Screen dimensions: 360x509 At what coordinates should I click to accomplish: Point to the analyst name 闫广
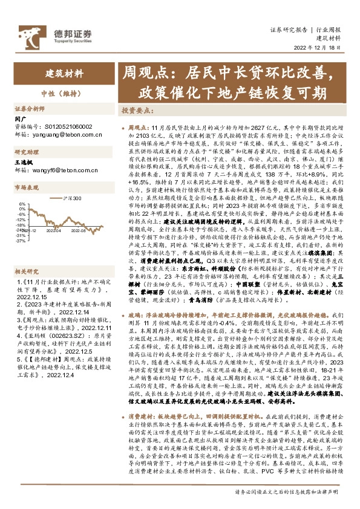[21, 120]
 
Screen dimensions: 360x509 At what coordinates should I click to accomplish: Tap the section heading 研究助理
[27, 152]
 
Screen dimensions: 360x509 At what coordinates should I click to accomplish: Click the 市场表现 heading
[27, 188]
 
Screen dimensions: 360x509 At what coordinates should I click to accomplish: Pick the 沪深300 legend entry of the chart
[73, 197]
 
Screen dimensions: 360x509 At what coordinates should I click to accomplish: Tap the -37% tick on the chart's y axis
[21, 240]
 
